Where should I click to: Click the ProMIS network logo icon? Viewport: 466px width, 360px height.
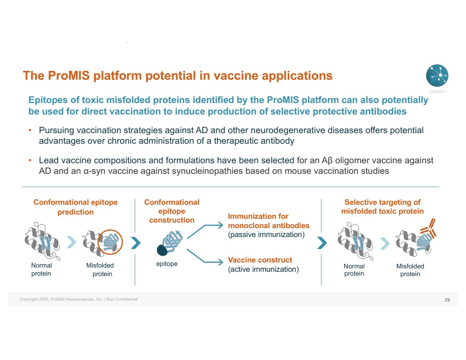pyautogui.click(x=437, y=76)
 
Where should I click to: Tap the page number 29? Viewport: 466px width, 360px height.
pyautogui.click(x=447, y=300)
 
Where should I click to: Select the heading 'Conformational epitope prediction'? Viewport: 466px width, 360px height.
pyautogui.click(x=75, y=207)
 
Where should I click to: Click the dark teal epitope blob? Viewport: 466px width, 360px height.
pyautogui.click(x=162, y=250)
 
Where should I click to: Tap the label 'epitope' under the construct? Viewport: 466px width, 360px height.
pyautogui.click(x=167, y=264)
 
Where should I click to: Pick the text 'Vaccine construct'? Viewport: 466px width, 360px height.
pyautogui.click(x=260, y=260)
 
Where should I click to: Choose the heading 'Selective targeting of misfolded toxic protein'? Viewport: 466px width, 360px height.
pyautogui.click(x=382, y=207)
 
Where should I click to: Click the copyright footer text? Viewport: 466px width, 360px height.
pyautogui.click(x=79, y=299)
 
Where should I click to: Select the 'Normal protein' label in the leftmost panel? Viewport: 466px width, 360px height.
pyautogui.click(x=42, y=269)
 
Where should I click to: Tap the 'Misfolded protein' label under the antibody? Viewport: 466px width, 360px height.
pyautogui.click(x=410, y=270)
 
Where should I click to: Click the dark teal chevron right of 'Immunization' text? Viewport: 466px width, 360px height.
pyautogui.click(x=322, y=243)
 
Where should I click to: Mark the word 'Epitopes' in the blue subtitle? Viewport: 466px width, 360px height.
pyautogui.click(x=46, y=100)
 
